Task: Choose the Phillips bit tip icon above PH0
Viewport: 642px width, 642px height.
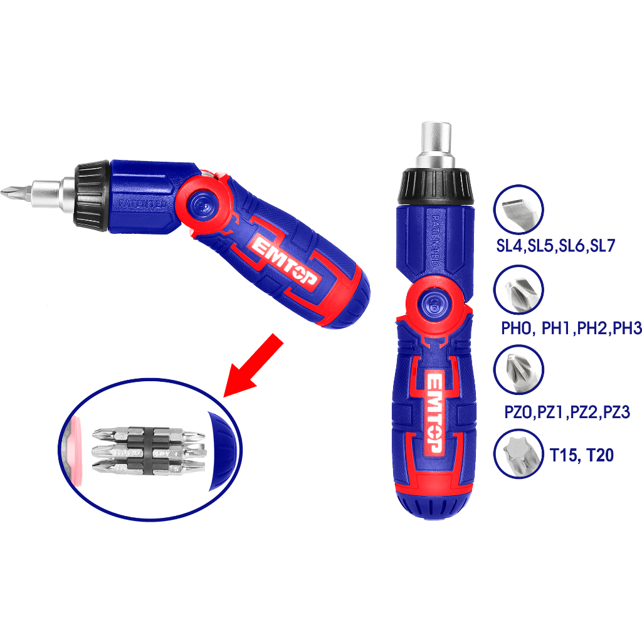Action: (x=518, y=290)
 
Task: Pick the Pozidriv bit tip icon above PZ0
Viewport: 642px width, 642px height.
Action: (x=518, y=371)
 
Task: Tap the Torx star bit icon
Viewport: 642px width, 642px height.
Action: (x=518, y=453)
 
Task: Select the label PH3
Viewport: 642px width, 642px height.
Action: (x=627, y=328)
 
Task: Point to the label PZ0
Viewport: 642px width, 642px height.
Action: (x=518, y=413)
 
